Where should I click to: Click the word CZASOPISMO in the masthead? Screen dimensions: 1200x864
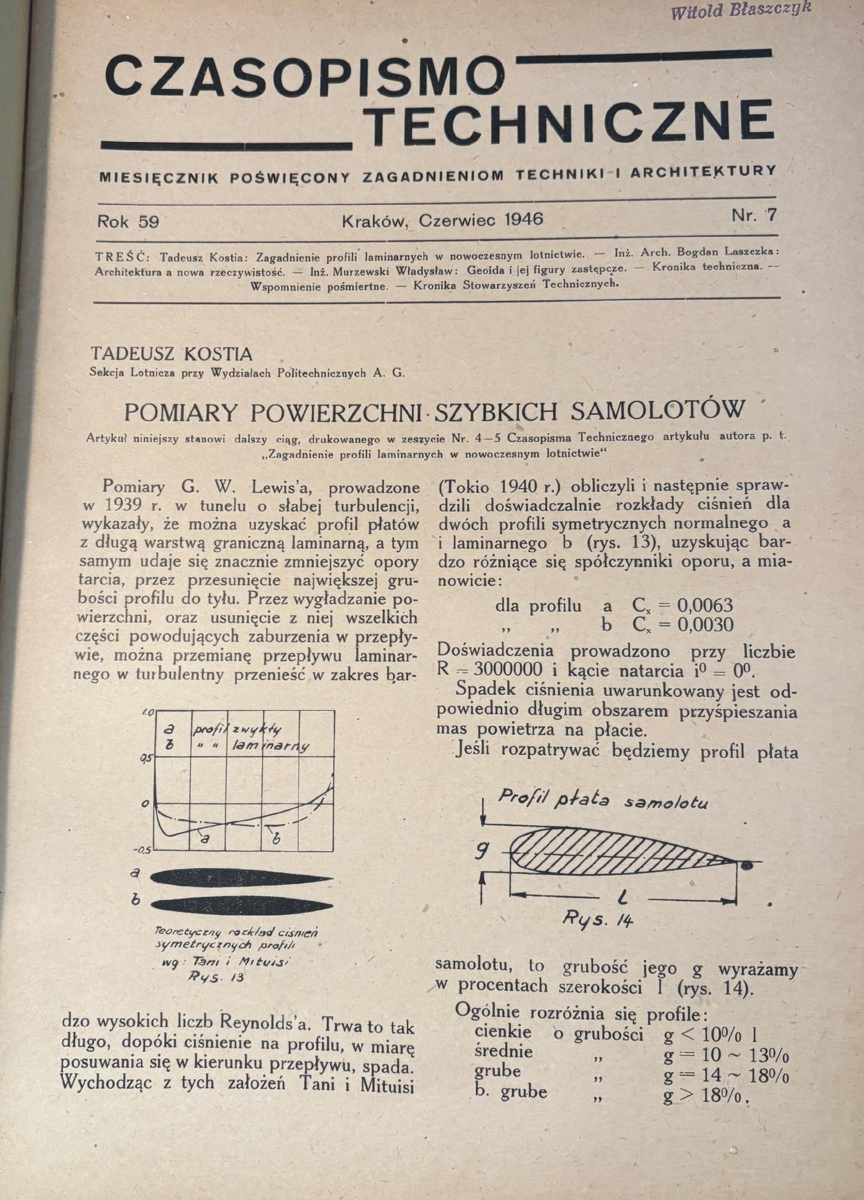[304, 76]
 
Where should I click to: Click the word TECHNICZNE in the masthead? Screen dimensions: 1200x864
[569, 124]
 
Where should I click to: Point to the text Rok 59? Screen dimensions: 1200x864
[128, 221]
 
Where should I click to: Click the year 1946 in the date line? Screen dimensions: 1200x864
[524, 220]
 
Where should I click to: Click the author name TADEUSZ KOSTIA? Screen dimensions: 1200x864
[171, 354]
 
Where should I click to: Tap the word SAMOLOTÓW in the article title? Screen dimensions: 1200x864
[658, 410]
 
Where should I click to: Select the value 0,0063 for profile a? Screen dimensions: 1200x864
[705, 605]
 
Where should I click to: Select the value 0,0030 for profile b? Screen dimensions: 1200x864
[705, 625]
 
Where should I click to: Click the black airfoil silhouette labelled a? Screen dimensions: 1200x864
[242, 878]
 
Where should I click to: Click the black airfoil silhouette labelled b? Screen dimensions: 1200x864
[242, 904]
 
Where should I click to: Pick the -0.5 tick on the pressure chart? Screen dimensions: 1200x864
[144, 849]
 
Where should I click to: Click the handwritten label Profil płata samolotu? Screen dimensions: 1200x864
[603, 799]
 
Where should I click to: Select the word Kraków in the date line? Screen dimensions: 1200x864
[375, 221]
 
